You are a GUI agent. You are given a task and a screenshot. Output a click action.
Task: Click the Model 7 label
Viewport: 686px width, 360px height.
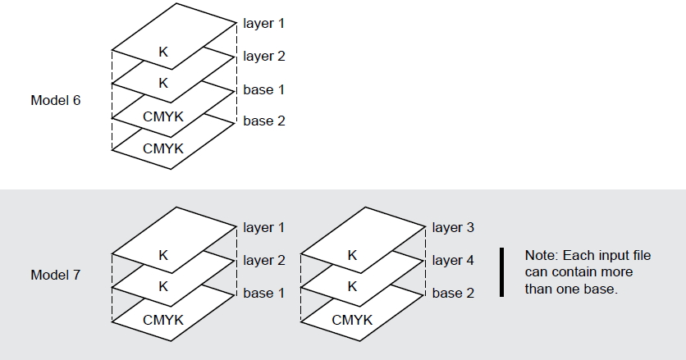tap(55, 273)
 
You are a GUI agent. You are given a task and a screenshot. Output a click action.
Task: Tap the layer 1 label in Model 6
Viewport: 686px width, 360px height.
tap(264, 23)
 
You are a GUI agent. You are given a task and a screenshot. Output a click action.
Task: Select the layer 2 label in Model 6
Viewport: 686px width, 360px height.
tap(264, 57)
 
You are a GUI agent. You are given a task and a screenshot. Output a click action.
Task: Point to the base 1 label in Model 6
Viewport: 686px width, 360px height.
tap(264, 89)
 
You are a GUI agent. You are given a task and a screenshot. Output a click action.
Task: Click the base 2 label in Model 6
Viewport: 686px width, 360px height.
tap(264, 121)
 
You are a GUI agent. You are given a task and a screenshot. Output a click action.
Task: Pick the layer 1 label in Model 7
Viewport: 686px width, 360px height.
tap(264, 227)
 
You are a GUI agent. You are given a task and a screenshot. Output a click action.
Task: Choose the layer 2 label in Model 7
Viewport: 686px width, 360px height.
tap(264, 260)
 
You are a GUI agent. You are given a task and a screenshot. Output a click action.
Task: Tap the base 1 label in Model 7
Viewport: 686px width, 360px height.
tap(264, 293)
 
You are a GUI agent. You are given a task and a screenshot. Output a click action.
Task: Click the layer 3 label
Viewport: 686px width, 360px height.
tap(453, 227)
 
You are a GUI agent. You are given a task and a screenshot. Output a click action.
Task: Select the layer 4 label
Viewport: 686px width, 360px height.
tap(453, 260)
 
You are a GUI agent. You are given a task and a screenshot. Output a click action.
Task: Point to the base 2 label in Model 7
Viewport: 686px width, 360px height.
tap(453, 293)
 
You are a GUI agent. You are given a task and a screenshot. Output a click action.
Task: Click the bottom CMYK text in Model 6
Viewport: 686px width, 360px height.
tap(162, 148)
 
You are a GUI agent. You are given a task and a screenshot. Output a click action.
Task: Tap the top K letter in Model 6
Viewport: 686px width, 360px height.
tap(162, 52)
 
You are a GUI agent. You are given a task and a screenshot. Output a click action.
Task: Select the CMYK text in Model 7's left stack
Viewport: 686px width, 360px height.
tap(162, 319)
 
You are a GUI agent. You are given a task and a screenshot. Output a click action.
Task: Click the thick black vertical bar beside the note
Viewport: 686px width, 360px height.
tap(502, 272)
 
